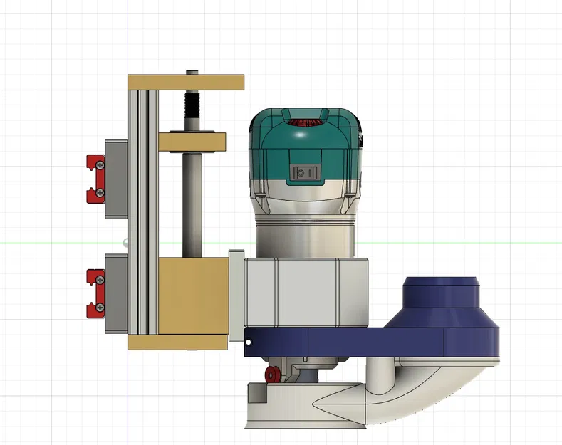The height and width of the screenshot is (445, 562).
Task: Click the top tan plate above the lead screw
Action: (187, 82)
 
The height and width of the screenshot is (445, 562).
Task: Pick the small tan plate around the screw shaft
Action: (192, 142)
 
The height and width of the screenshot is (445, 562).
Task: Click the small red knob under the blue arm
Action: (271, 375)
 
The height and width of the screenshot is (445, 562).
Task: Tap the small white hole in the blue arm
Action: (249, 343)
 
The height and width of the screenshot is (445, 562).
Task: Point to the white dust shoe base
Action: (299, 413)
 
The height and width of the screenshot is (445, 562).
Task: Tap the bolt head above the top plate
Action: (192, 72)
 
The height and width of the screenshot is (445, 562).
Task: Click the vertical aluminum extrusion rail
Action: (142, 214)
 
